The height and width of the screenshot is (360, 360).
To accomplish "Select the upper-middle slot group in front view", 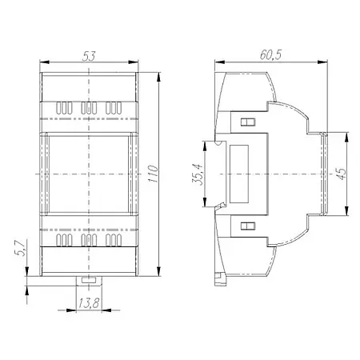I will pos(90,107).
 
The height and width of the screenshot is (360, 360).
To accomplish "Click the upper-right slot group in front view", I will pos(115,107).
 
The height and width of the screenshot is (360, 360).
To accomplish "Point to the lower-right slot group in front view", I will pos(115,239).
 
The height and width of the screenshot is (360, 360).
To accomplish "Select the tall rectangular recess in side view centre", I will pos(239,174).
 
